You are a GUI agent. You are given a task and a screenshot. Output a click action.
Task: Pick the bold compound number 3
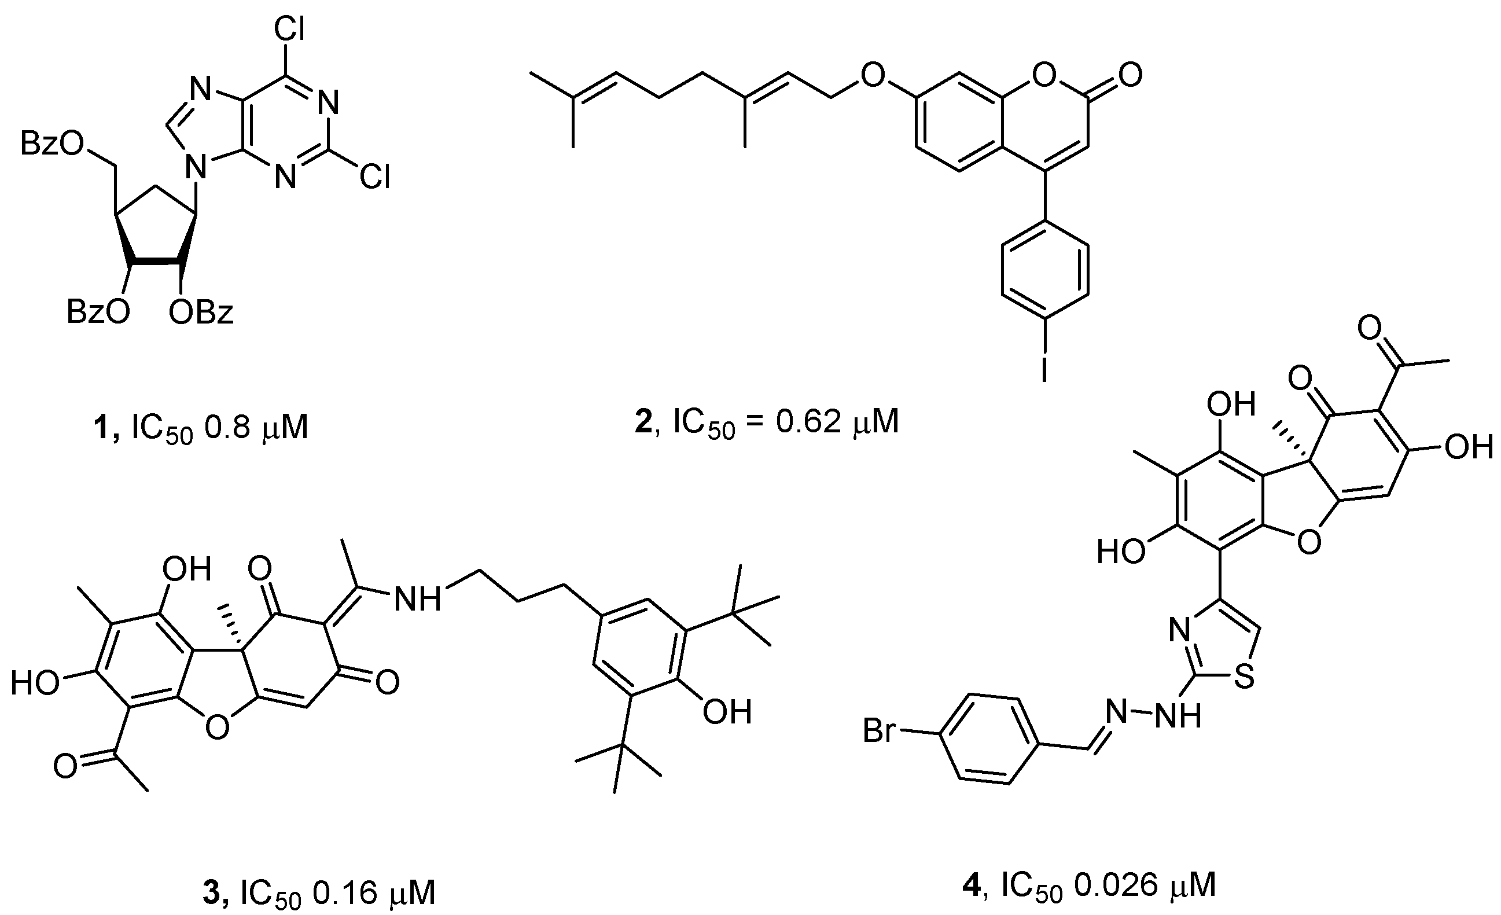pyautogui.click(x=213, y=893)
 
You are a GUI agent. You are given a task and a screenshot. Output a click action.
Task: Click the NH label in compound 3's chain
pyautogui.click(x=417, y=599)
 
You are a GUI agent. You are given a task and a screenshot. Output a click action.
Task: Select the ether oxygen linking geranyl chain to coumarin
pyautogui.click(x=873, y=76)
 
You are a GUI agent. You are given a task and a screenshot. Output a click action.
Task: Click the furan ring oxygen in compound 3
pyautogui.click(x=218, y=727)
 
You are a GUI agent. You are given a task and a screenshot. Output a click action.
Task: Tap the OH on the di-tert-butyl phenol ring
pyautogui.click(x=727, y=711)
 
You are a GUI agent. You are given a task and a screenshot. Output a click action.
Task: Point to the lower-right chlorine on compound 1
pyautogui.click(x=374, y=178)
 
